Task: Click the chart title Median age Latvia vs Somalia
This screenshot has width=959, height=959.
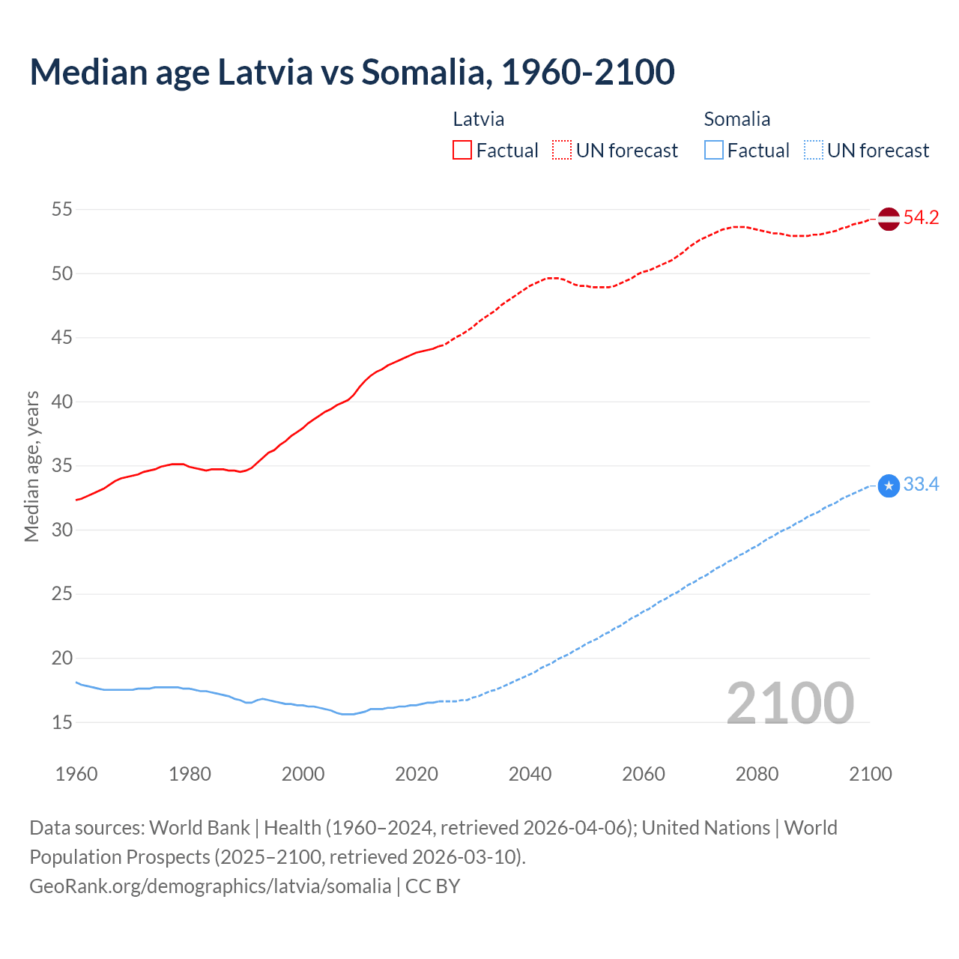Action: (x=352, y=72)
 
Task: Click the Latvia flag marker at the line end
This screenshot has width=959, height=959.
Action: (x=889, y=219)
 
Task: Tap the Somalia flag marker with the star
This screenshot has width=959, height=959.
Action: (x=889, y=486)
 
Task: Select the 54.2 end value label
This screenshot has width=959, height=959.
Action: (x=921, y=218)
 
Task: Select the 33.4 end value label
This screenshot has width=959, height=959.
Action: (x=921, y=485)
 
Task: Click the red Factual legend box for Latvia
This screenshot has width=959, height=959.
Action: (x=462, y=150)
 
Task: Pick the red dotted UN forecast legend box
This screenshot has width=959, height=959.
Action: (x=562, y=150)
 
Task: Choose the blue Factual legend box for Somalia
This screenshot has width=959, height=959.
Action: (x=714, y=150)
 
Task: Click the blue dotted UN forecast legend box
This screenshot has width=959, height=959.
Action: (x=813, y=150)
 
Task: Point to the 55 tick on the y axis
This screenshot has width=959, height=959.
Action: (x=62, y=210)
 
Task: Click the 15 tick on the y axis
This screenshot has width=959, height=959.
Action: (x=62, y=723)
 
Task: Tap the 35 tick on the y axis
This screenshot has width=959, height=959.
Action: (x=62, y=466)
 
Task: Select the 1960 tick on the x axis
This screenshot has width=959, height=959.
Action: (x=76, y=774)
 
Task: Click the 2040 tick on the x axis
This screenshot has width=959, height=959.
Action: (x=530, y=774)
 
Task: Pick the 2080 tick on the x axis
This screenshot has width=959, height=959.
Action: (x=757, y=774)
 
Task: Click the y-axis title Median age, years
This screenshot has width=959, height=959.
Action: (x=31, y=466)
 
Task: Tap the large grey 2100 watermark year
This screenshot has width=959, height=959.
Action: (x=790, y=704)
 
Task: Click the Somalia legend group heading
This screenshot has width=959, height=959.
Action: (x=736, y=119)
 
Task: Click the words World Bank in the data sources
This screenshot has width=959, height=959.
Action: (x=199, y=828)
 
